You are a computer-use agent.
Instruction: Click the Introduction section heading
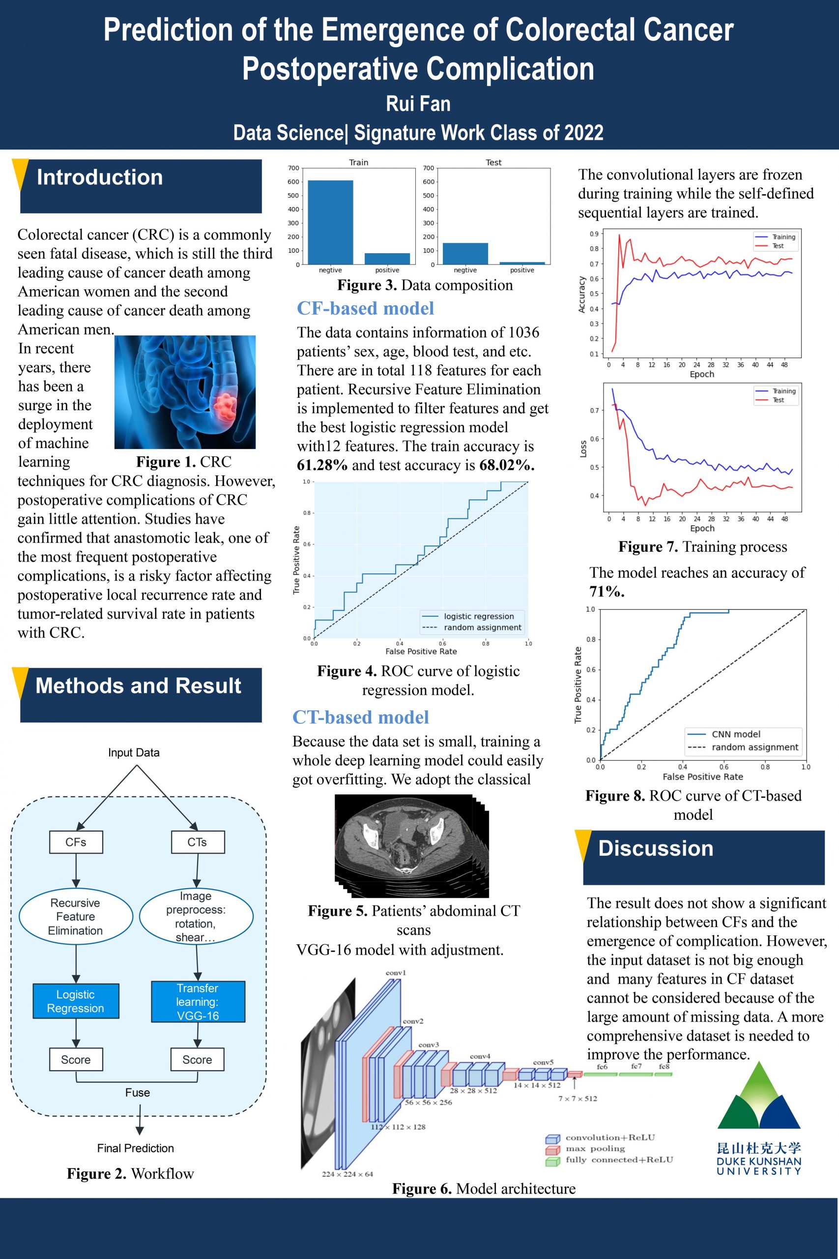pyautogui.click(x=99, y=177)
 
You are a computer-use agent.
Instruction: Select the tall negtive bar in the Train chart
pyautogui.click(x=330, y=223)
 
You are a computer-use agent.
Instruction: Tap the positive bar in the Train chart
pyautogui.click(x=387, y=259)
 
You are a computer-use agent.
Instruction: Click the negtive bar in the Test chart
pyautogui.click(x=465, y=254)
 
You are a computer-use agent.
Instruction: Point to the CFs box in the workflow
pyautogui.click(x=76, y=842)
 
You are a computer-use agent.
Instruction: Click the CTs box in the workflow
pyautogui.click(x=198, y=842)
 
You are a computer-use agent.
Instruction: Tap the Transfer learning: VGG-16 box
pyautogui.click(x=198, y=1001)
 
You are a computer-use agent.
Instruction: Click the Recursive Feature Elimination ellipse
pyautogui.click(x=75, y=916)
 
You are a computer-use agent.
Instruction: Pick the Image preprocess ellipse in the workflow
pyautogui.click(x=197, y=916)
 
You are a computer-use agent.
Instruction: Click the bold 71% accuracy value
pyautogui.click(x=607, y=592)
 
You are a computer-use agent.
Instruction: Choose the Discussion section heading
pyautogui.click(x=656, y=848)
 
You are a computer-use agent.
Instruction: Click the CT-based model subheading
pyautogui.click(x=361, y=718)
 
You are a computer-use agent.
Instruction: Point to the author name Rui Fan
pyautogui.click(x=418, y=103)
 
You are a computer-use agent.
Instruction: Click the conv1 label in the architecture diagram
pyautogui.click(x=396, y=973)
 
